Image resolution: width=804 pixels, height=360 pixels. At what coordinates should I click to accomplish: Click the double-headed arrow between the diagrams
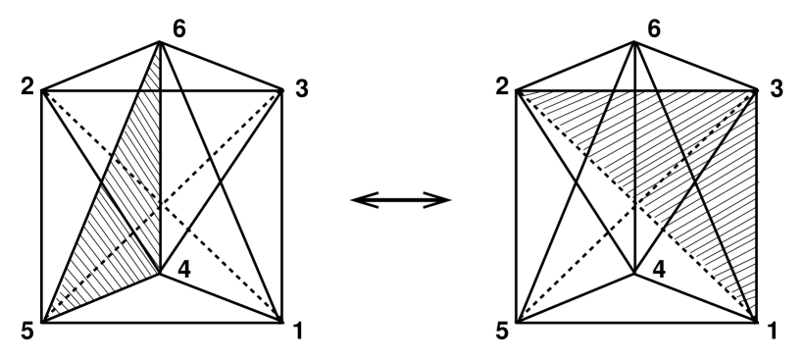(401, 200)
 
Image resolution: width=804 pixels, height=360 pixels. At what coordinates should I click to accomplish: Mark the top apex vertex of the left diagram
(160, 41)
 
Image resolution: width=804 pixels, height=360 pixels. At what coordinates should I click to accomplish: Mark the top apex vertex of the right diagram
(635, 41)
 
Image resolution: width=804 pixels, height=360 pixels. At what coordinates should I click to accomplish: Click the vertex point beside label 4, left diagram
(160, 274)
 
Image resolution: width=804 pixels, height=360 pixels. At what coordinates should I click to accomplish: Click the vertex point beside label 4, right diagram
(635, 274)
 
